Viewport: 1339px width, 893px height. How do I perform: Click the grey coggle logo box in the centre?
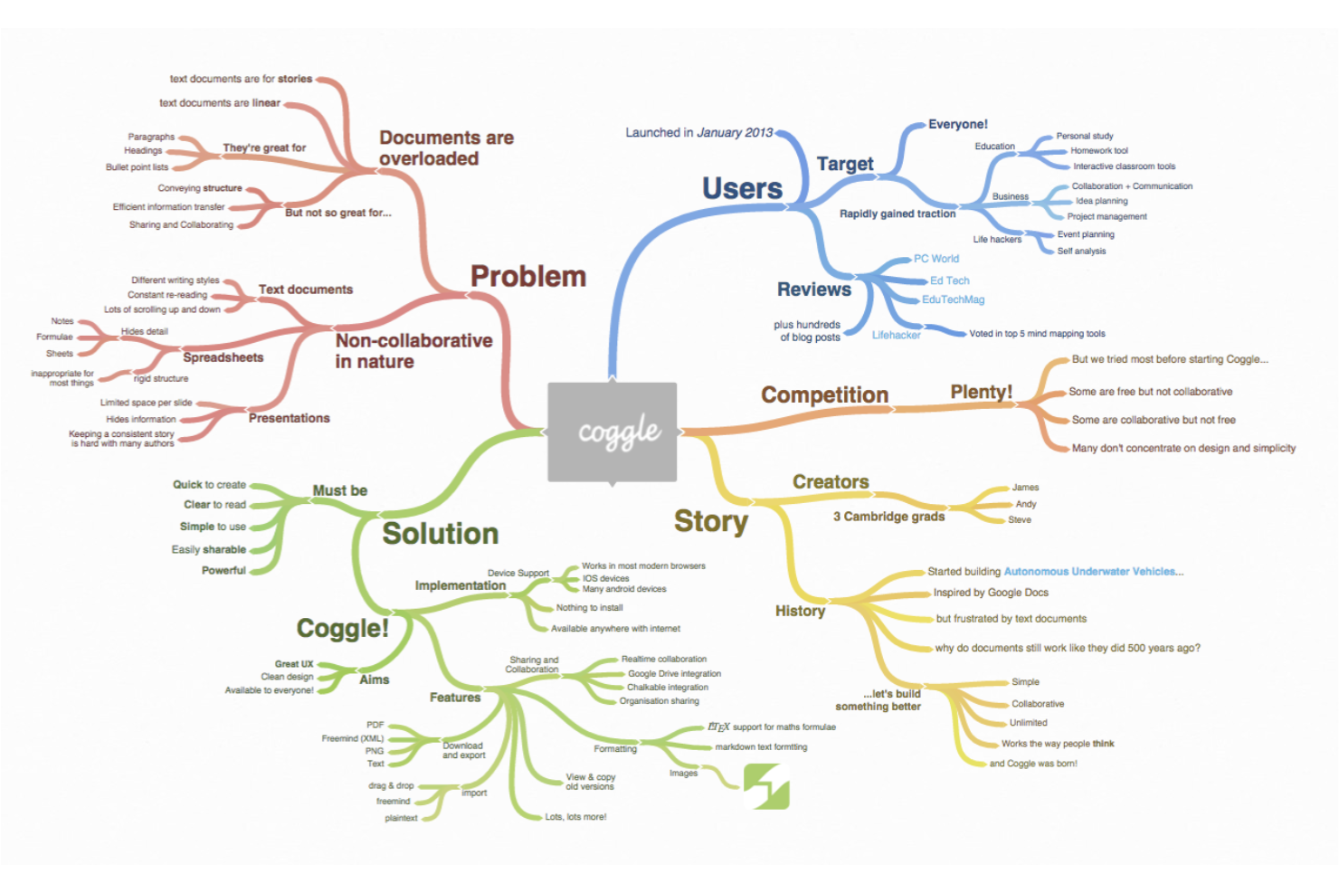pyautogui.click(x=613, y=432)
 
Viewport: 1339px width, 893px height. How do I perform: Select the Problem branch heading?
pyautogui.click(x=528, y=276)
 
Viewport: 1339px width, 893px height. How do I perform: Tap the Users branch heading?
pyautogui.click(x=742, y=188)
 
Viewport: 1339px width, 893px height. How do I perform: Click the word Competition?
pyautogui.click(x=824, y=394)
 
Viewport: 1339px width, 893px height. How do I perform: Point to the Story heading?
pyautogui.click(x=711, y=521)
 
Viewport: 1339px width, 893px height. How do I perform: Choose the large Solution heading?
pyautogui.click(x=441, y=533)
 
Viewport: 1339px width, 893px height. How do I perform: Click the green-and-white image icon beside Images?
pyautogui.click(x=766, y=786)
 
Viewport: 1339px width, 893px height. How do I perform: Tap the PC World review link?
pyautogui.click(x=936, y=259)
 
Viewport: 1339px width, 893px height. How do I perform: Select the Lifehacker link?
pyautogui.click(x=896, y=336)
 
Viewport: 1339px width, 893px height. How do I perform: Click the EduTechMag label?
pyautogui.click(x=953, y=299)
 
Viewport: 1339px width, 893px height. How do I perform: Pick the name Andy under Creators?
pyautogui.click(x=1026, y=504)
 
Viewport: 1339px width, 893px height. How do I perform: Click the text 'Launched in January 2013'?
pyautogui.click(x=698, y=133)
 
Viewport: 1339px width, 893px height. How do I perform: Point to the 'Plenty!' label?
pyautogui.click(x=982, y=392)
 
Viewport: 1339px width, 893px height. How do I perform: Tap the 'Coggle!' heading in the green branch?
pyautogui.click(x=343, y=628)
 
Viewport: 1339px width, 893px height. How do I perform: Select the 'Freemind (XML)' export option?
pyautogui.click(x=353, y=739)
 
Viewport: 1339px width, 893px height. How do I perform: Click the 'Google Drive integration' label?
pyautogui.click(x=674, y=674)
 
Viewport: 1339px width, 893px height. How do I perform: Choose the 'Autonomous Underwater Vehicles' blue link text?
pyautogui.click(x=1093, y=572)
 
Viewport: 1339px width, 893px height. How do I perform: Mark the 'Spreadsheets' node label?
pyautogui.click(x=223, y=357)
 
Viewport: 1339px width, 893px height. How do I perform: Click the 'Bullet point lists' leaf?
pyautogui.click(x=137, y=167)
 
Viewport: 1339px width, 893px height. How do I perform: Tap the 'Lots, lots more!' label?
pyautogui.click(x=575, y=817)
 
